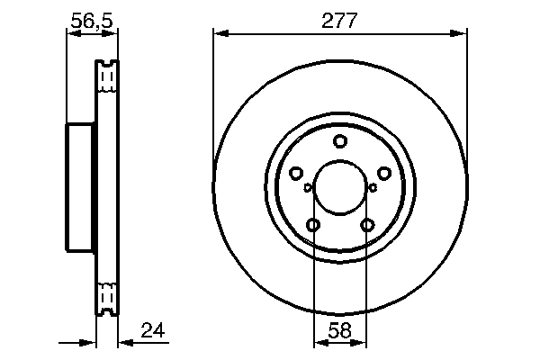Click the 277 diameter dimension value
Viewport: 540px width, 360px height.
(339, 21)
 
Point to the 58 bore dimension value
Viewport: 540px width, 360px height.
(339, 331)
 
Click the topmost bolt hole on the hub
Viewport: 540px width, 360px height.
(339, 140)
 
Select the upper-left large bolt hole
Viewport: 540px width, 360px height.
(295, 174)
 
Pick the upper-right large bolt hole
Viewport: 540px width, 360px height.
(383, 174)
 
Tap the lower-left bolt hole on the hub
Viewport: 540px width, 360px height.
(312, 225)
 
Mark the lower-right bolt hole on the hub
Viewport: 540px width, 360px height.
(366, 225)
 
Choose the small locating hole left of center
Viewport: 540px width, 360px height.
(308, 188)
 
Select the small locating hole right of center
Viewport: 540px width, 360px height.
(372, 188)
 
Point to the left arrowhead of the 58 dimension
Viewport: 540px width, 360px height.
(319, 343)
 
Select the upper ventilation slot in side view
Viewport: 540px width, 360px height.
(107, 78)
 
